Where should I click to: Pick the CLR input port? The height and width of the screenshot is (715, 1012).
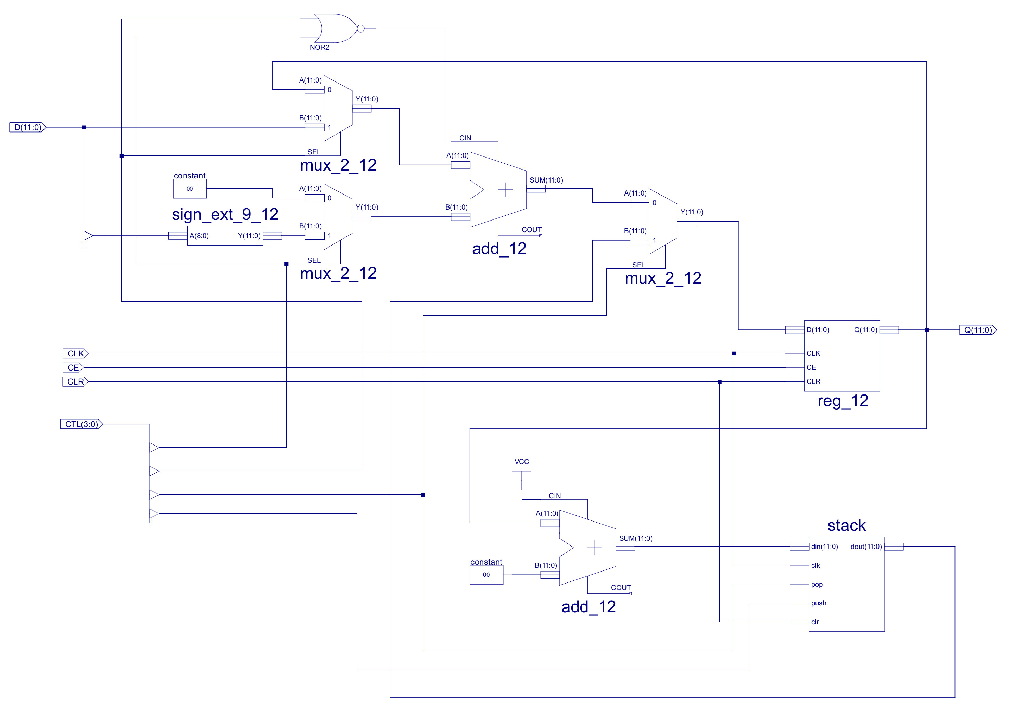(x=75, y=382)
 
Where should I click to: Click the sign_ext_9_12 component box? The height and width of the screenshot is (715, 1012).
(x=225, y=236)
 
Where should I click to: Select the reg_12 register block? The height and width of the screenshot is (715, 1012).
(x=842, y=356)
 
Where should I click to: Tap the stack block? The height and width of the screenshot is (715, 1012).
(x=846, y=584)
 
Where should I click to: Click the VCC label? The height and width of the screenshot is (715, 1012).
(x=521, y=462)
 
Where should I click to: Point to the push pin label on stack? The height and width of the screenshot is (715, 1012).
(x=819, y=603)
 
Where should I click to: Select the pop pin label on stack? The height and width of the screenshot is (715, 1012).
(x=817, y=585)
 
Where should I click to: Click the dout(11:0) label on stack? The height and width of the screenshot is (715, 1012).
(x=866, y=547)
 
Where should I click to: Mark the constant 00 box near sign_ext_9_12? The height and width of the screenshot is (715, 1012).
(x=190, y=189)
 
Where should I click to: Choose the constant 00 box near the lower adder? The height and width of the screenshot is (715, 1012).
(x=486, y=575)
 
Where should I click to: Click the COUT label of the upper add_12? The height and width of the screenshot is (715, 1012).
(x=531, y=230)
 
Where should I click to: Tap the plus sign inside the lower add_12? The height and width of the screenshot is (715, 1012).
(x=595, y=548)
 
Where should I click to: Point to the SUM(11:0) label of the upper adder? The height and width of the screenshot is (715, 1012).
(x=546, y=180)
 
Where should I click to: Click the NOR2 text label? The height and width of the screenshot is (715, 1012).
(x=319, y=47)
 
